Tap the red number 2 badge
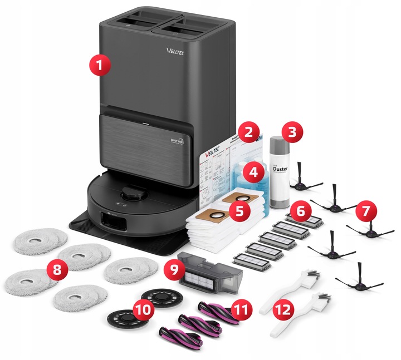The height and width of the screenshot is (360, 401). pos(248,133)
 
